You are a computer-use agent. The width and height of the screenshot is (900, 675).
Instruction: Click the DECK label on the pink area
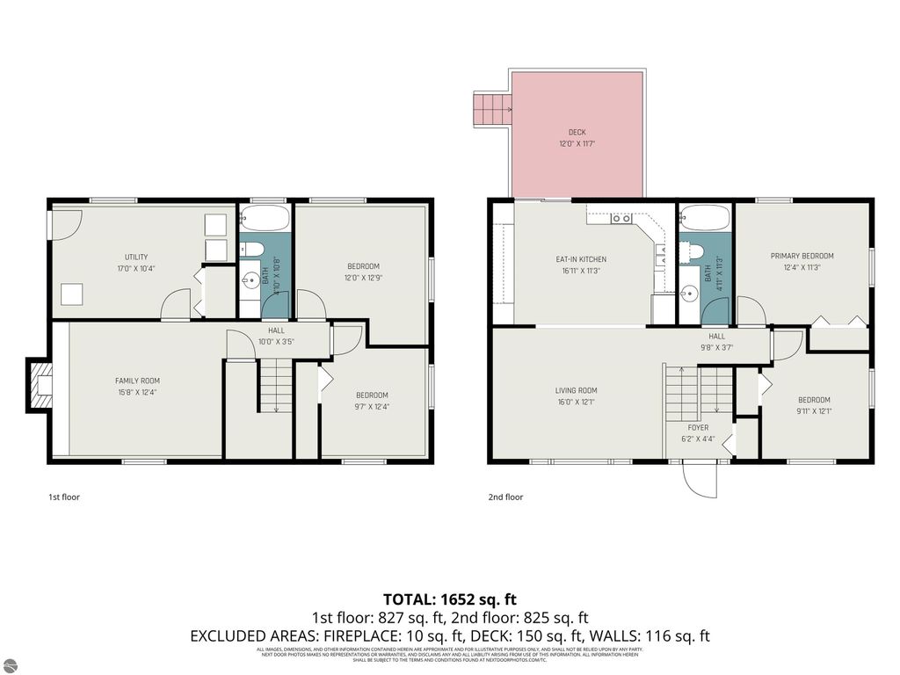[577, 133]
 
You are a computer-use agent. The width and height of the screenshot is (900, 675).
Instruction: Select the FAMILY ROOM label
[137, 381]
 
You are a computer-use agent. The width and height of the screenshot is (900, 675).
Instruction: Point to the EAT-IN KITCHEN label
[581, 259]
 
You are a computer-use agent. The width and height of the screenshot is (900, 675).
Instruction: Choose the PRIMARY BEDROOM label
[802, 256]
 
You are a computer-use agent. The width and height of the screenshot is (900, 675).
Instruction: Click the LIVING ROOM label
[576, 390]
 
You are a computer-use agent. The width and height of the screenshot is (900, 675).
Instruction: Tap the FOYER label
[698, 428]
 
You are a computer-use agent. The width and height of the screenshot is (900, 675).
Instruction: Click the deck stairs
[492, 109]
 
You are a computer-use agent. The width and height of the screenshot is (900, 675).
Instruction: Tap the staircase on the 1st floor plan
[276, 385]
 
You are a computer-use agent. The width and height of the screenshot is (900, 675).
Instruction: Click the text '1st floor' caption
[63, 497]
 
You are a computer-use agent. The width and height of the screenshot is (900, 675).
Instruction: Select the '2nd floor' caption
[505, 497]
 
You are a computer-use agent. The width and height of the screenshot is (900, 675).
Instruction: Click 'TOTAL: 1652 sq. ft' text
[449, 600]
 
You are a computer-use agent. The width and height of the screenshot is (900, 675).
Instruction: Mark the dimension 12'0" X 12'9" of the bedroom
[362, 278]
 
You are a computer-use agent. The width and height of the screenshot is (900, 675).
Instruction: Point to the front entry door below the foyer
[700, 479]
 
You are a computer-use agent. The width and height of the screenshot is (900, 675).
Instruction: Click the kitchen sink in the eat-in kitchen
[621, 218]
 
